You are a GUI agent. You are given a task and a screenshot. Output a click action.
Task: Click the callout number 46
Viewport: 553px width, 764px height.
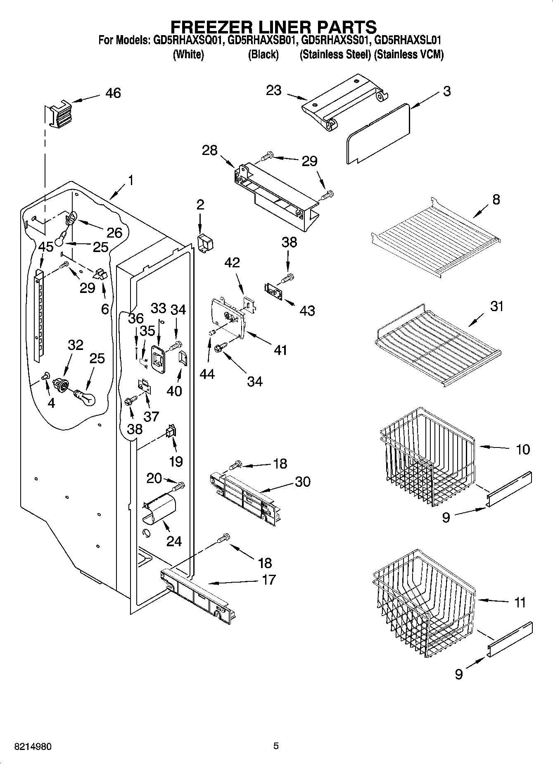click(113, 93)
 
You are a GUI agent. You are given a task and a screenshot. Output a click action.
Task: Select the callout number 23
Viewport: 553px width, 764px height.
click(273, 90)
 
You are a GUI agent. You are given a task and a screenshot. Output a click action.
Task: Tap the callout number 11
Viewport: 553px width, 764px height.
click(520, 602)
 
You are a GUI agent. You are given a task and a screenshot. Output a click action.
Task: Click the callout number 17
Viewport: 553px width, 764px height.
click(269, 580)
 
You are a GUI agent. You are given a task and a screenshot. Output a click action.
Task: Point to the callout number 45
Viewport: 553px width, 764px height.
click(45, 247)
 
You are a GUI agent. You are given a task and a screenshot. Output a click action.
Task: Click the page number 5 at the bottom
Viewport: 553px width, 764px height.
click(276, 746)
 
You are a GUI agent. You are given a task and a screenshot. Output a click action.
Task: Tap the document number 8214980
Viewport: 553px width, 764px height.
click(33, 747)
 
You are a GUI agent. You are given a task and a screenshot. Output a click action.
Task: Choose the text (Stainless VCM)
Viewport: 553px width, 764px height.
click(408, 55)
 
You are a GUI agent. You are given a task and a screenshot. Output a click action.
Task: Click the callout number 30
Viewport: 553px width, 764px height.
click(302, 481)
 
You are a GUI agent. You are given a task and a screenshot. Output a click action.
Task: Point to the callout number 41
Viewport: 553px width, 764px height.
click(280, 350)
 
